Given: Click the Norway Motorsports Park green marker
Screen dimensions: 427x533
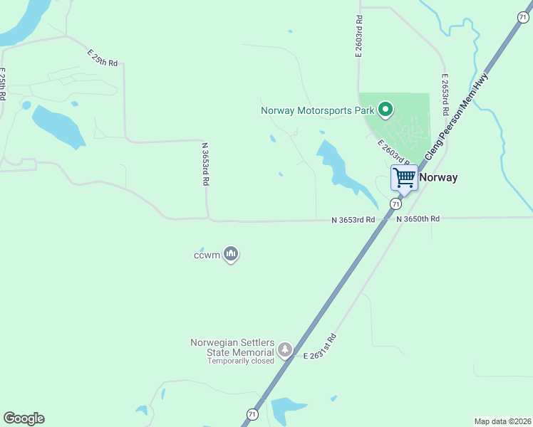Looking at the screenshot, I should tap(385, 110).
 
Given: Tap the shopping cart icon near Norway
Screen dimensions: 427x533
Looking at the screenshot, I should tap(404, 177).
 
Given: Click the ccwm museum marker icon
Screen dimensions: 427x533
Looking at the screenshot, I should tap(230, 253).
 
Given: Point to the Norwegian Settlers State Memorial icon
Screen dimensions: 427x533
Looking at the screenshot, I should tap(285, 349).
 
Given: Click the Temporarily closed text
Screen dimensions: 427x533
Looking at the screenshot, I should tap(241, 361).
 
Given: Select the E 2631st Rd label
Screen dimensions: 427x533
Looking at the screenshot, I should tap(319, 346).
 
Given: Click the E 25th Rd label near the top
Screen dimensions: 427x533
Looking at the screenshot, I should tap(103, 58).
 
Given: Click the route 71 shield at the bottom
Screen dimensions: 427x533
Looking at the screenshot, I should tap(252, 413).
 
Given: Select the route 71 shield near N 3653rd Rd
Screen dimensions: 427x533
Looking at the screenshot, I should tap(395, 204).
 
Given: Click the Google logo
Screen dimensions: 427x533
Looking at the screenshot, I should tap(24, 418).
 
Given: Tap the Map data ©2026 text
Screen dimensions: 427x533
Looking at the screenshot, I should tap(502, 421).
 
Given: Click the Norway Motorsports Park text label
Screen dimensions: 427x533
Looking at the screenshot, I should tap(318, 110).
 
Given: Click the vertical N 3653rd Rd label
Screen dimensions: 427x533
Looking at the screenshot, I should tap(205, 164).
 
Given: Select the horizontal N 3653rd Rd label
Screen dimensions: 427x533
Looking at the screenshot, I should tap(353, 221).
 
